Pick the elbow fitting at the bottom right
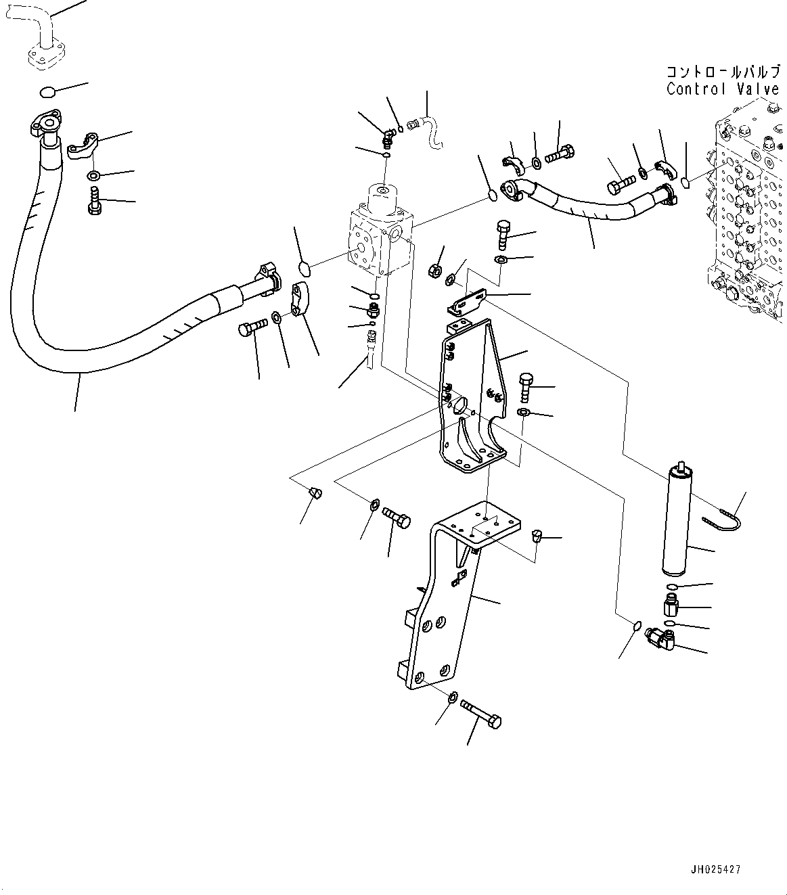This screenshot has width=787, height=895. [660, 637]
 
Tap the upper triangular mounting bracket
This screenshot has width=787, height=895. [474, 399]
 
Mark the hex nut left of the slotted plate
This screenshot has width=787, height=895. [435, 273]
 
